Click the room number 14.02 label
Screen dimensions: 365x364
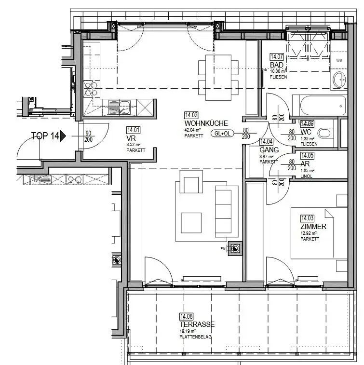pos(191,115)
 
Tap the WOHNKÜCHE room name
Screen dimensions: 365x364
pos(199,123)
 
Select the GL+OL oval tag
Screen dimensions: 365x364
pos(222,134)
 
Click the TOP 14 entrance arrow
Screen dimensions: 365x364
pos(62,136)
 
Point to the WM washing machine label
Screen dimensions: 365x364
pos(339,60)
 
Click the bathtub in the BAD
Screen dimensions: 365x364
pos(319,105)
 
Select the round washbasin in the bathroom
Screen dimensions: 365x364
pos(339,80)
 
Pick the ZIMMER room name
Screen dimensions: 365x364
pos(313,227)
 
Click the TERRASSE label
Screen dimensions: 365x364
pos(197,324)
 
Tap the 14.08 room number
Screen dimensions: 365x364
pos(186,316)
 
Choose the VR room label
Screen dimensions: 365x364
pos(130,137)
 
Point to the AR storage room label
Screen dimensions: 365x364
pos(305,164)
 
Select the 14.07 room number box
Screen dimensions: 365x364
pos(277,56)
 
